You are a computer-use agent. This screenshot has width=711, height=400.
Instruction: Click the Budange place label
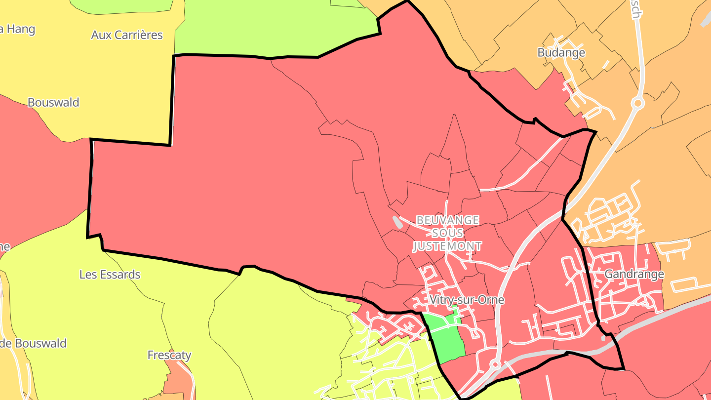click(561, 52)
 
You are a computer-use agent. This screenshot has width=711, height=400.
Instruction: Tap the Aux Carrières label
click(127, 35)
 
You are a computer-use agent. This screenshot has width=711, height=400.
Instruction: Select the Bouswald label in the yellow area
click(53, 102)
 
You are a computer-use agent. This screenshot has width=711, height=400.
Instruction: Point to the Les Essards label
click(110, 274)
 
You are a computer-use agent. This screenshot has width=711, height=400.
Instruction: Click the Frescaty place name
click(169, 355)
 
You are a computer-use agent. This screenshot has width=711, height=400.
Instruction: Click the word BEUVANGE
click(447, 220)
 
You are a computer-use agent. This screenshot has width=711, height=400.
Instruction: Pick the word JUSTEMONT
click(447, 245)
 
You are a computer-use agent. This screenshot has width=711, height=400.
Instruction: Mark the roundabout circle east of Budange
click(637, 103)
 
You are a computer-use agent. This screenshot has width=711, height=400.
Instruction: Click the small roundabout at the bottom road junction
click(494, 364)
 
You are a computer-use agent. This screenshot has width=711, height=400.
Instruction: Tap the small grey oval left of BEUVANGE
click(397, 222)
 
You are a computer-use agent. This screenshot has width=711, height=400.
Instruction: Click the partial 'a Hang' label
click(18, 29)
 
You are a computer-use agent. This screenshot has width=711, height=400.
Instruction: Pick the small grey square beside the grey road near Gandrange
click(603, 339)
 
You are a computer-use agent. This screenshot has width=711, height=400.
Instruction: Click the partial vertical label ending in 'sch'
click(636, 9)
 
